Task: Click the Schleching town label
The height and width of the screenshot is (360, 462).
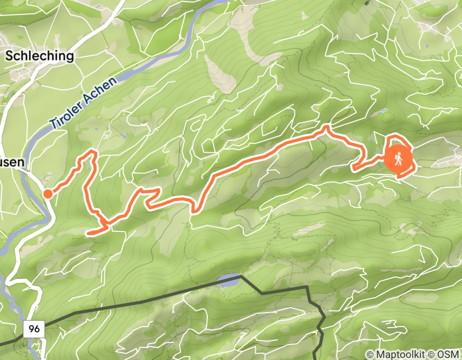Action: tap(40, 56)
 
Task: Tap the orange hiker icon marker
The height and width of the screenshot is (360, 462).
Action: tap(398, 159)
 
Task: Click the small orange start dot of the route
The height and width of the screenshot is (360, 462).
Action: tap(47, 194)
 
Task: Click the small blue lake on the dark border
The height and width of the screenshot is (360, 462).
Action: tap(228, 280)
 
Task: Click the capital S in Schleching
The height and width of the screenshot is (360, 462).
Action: tap(9, 56)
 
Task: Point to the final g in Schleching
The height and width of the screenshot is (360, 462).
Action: tap(70, 57)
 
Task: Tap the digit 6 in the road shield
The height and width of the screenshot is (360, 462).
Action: tap(38, 328)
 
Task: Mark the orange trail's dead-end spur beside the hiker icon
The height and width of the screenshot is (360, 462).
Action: tap(353, 168)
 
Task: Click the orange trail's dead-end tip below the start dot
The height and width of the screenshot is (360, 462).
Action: tap(88, 233)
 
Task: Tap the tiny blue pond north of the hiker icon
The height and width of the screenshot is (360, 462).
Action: tap(384, 112)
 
